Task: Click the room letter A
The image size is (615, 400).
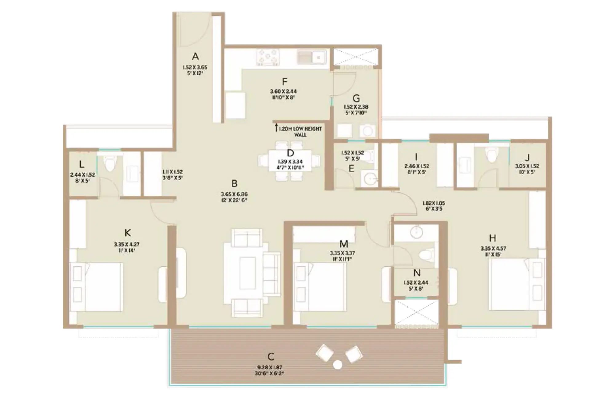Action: pyautogui.click(x=195, y=56)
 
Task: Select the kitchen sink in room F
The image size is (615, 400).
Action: pyautogui.click(x=311, y=57)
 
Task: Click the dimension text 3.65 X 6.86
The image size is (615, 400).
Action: pyautogui.click(x=234, y=194)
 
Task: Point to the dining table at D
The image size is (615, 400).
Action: pyautogui.click(x=290, y=160)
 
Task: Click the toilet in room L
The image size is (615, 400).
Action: pyautogui.click(x=109, y=163)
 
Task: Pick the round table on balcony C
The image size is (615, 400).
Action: pyautogui.click(x=338, y=365)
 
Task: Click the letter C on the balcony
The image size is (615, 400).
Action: pyautogui.click(x=271, y=357)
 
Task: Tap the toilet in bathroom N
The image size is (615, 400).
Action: pyautogui.click(x=426, y=254)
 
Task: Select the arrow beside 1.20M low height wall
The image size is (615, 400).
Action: pyautogui.click(x=276, y=127)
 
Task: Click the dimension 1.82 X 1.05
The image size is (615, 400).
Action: pyautogui.click(x=434, y=203)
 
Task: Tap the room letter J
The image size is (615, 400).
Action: pyautogui.click(x=527, y=158)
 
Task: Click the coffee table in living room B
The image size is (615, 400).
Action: pyautogui.click(x=248, y=273)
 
